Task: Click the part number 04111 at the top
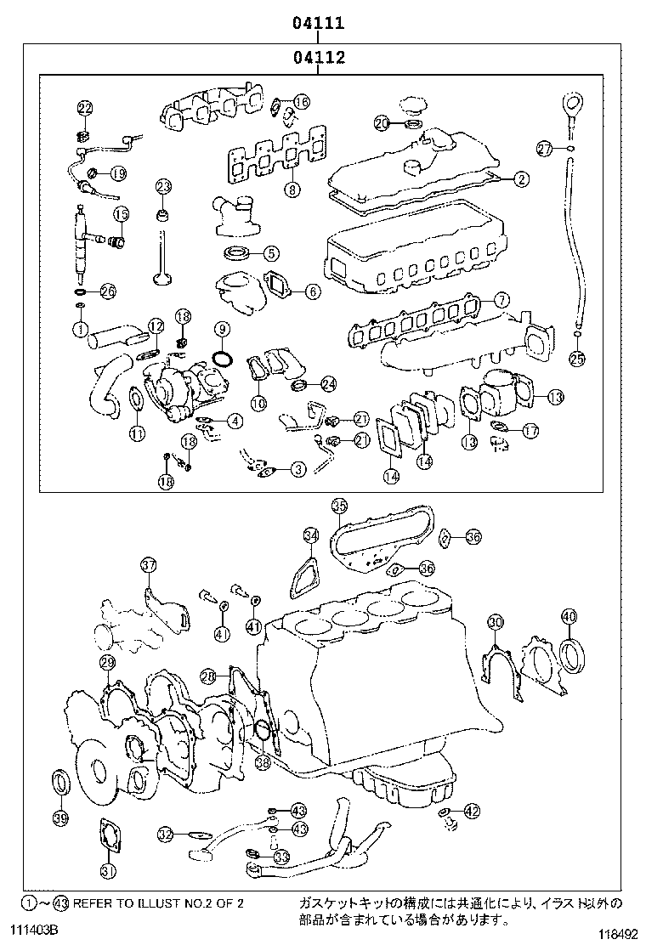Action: [x=319, y=23]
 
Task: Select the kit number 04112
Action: [x=319, y=58]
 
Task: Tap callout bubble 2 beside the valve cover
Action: [x=520, y=178]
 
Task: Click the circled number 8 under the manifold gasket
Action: [x=292, y=190]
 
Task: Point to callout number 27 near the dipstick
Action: [x=544, y=150]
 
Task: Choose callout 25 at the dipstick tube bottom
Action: [x=576, y=358]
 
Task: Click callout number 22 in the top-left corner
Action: [x=84, y=107]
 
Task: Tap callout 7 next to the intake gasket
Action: [x=501, y=299]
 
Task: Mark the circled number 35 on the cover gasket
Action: [x=339, y=506]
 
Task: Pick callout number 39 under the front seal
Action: [x=59, y=818]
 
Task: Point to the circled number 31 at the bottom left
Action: [x=108, y=869]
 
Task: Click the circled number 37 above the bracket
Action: [x=149, y=565]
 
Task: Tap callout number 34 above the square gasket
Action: [x=311, y=535]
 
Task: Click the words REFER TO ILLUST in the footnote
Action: [x=125, y=903]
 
